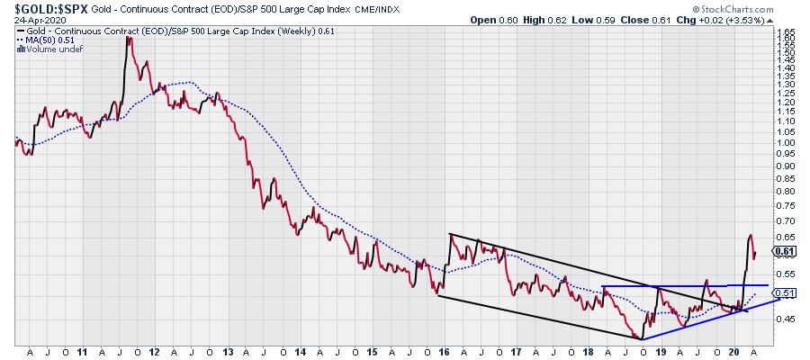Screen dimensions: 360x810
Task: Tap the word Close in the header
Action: tap(649, 19)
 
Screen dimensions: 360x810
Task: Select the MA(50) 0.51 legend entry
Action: tap(51, 40)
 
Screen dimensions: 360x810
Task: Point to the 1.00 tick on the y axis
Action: tap(785, 142)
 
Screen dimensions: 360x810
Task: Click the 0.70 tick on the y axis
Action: tap(785, 220)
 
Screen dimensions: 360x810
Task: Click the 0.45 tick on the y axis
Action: tap(785, 319)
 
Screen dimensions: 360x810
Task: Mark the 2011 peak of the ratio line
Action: tap(129, 38)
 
